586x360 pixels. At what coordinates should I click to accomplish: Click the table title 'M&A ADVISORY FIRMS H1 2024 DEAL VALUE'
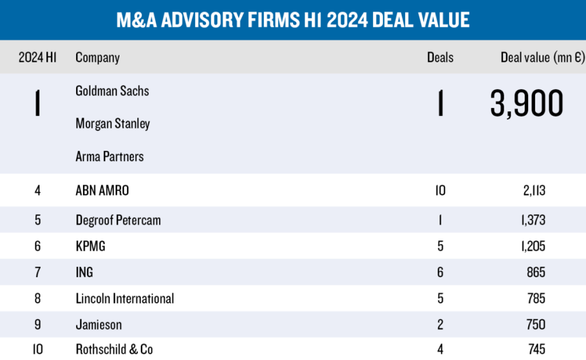click(x=293, y=20)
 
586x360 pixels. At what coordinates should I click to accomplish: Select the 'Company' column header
click(x=98, y=58)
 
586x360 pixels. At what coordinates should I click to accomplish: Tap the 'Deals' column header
click(x=440, y=58)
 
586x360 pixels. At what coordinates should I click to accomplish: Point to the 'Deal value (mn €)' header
click(x=542, y=58)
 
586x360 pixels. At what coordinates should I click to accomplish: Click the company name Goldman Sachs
click(x=112, y=91)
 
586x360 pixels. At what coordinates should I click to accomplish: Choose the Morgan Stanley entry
click(x=113, y=124)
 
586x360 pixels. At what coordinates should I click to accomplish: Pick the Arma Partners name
click(x=109, y=157)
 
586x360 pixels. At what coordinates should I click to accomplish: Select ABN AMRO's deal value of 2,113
click(x=534, y=190)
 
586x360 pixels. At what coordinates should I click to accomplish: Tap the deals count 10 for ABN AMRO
click(x=440, y=190)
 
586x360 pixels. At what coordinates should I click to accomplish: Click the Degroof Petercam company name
click(x=118, y=220)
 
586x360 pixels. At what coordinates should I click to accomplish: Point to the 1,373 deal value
click(x=533, y=220)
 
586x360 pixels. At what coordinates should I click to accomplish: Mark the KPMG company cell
click(x=90, y=246)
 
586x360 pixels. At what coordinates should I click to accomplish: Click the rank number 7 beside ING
click(x=37, y=272)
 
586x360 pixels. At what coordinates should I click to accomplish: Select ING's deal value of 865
click(x=536, y=272)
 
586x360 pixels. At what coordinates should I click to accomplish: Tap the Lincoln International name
click(x=125, y=299)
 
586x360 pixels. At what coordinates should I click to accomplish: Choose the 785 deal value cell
click(x=536, y=299)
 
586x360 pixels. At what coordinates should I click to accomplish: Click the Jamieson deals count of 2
click(x=440, y=325)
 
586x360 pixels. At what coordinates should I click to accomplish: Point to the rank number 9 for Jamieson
click(x=37, y=325)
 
